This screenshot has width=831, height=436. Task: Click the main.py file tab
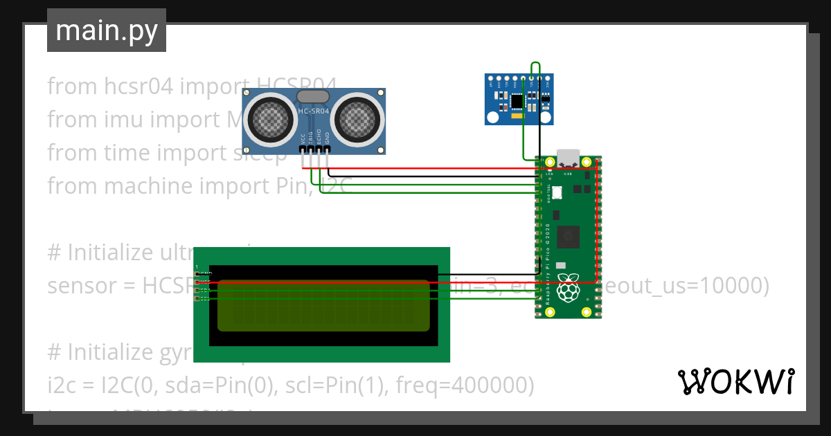106,30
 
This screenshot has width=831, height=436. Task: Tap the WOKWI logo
735,381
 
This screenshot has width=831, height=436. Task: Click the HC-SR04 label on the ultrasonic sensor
314,111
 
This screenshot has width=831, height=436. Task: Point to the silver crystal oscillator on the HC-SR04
313,97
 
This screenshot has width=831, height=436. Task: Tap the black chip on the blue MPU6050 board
517,101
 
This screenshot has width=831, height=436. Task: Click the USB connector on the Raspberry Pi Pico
568,159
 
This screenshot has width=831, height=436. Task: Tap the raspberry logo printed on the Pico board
568,287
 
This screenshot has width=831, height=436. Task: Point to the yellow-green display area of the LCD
323,305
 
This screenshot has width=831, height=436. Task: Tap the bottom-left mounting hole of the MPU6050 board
491,118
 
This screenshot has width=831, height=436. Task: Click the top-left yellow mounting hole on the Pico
550,163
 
